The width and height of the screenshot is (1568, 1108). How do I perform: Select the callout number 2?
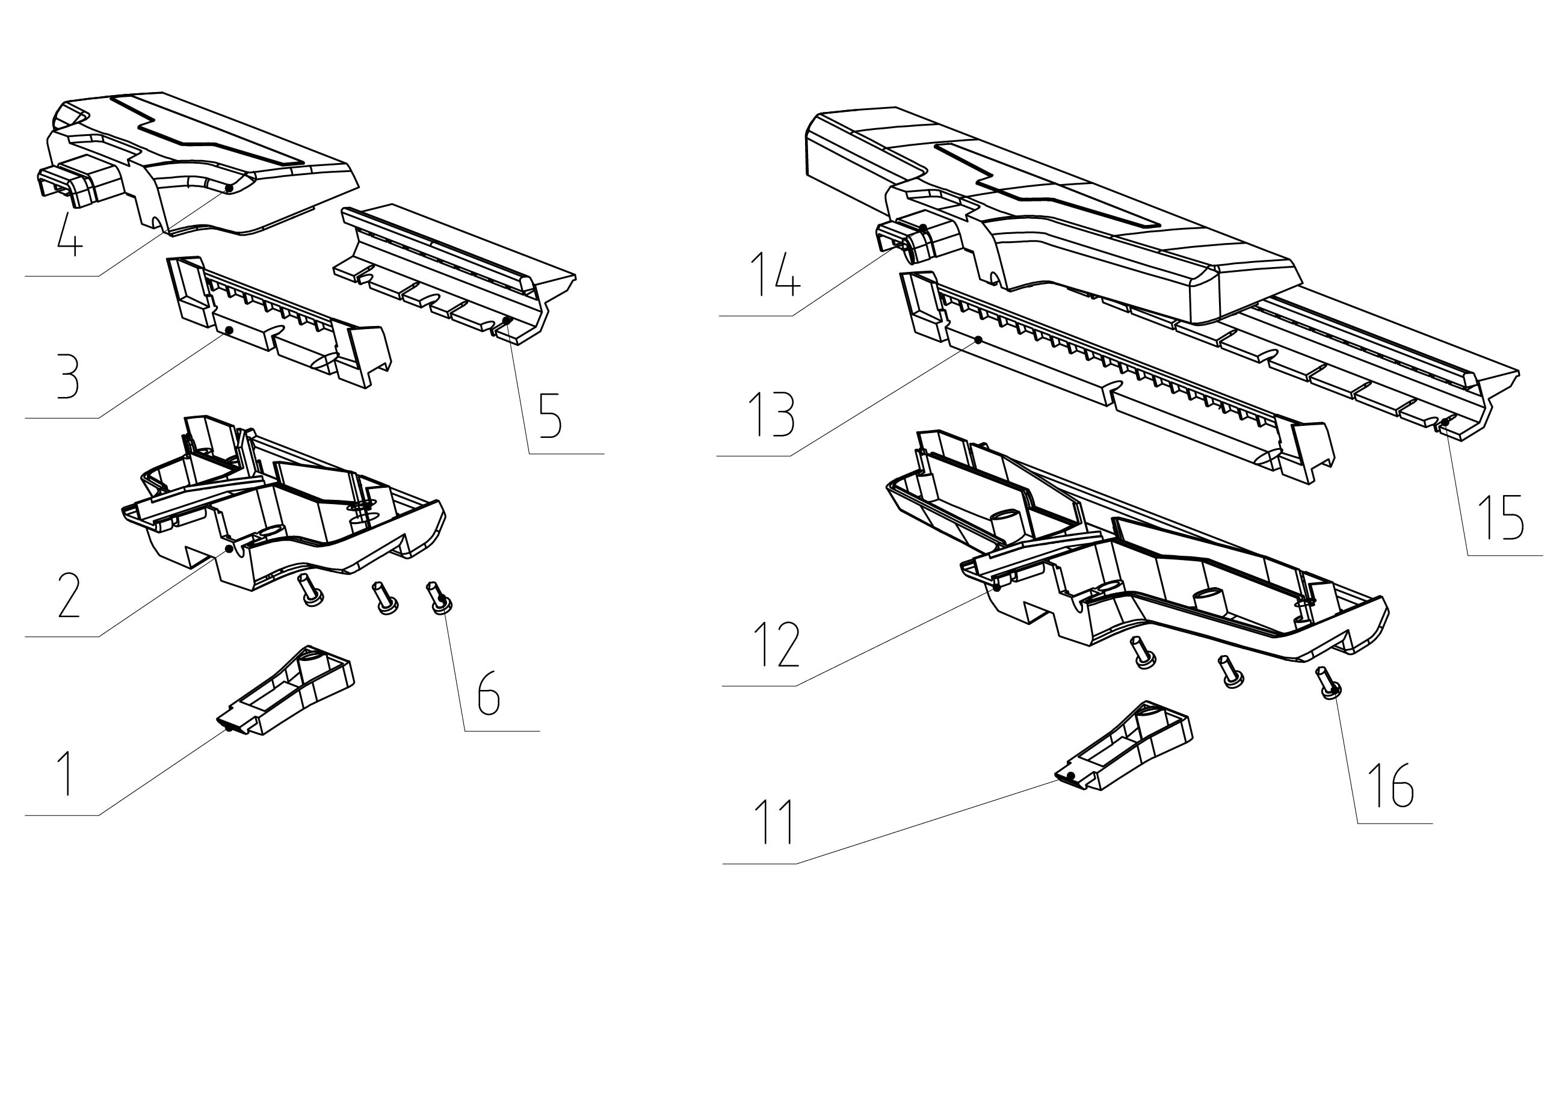tap(69, 596)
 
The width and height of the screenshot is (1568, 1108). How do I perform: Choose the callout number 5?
tap(550, 415)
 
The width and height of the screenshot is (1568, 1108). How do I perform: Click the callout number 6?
tap(489, 693)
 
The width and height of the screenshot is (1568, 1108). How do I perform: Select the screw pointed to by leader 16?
tap(1329, 683)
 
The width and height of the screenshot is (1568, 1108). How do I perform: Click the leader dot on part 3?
tap(229, 330)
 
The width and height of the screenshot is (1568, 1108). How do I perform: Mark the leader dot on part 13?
tap(978, 339)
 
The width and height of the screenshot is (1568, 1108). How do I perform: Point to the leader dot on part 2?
tap(229, 547)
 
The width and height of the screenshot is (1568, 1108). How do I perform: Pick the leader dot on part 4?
tap(230, 188)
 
